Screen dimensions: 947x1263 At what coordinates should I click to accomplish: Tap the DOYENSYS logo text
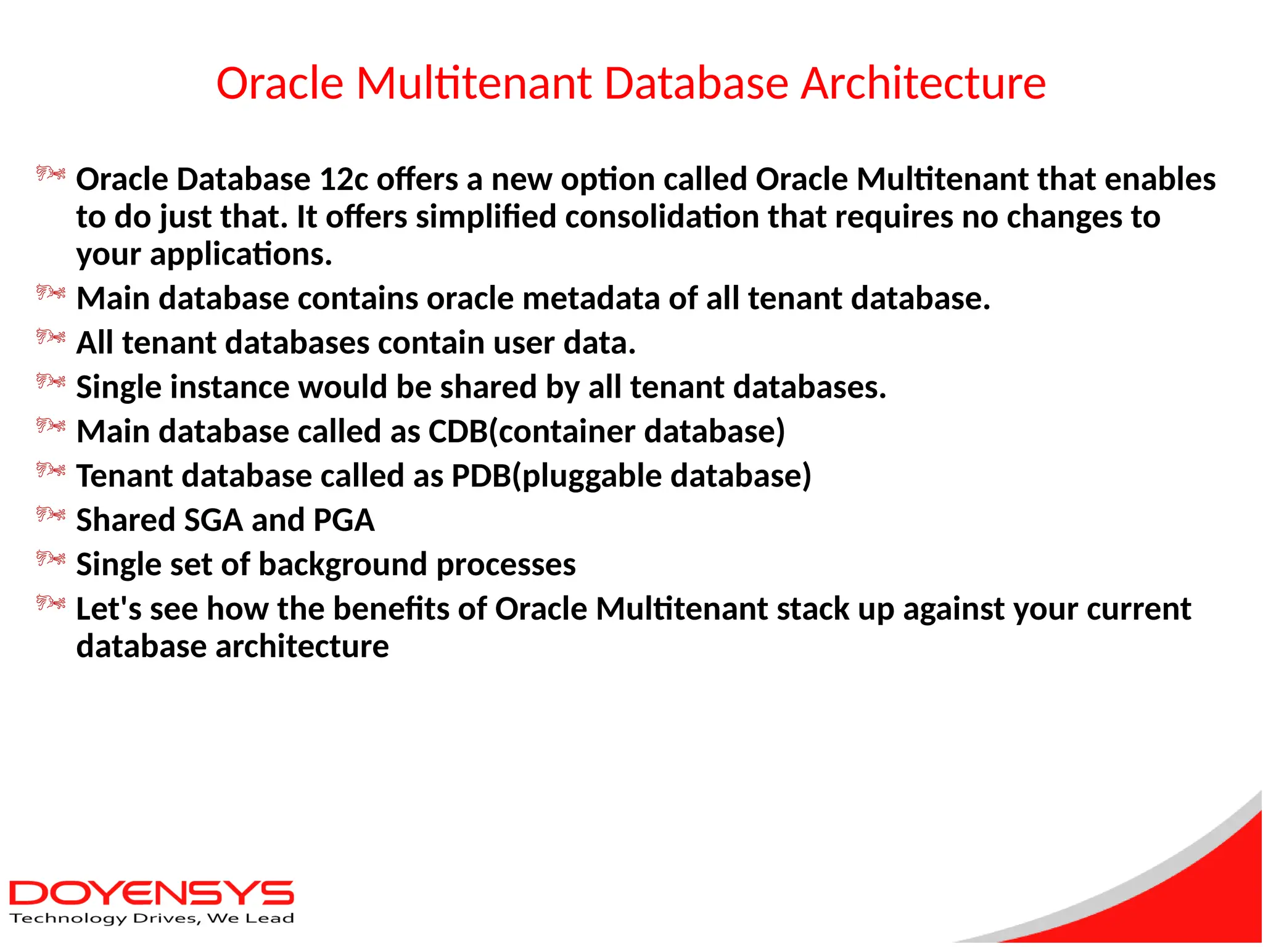[x=151, y=893]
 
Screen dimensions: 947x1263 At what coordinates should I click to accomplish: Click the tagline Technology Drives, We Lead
[x=152, y=919]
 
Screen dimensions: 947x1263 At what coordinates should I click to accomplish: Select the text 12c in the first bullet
[x=344, y=179]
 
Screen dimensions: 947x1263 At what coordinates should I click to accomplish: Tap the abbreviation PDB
[x=481, y=476]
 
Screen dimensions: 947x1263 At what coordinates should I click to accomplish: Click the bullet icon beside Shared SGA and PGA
[x=51, y=514]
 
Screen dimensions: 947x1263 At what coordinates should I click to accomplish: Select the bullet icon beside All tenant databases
[x=51, y=337]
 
